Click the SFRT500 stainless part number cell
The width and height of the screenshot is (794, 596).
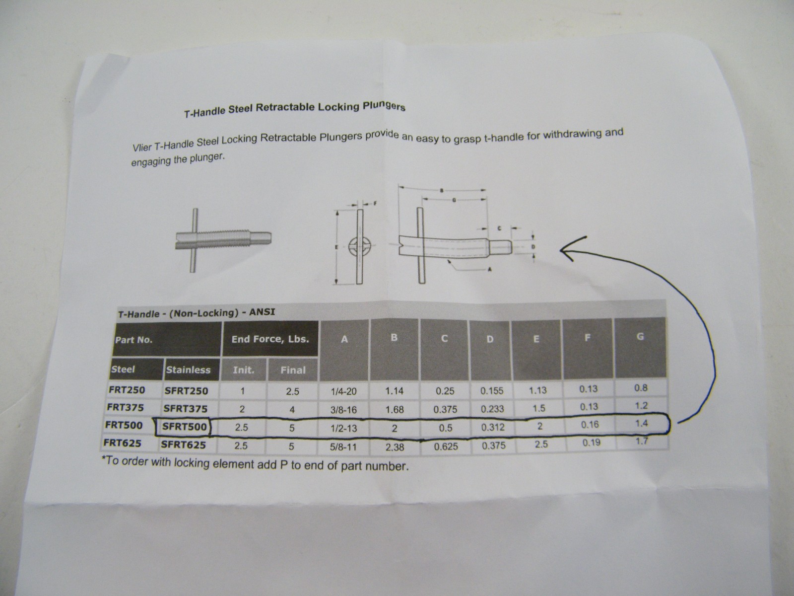(185, 427)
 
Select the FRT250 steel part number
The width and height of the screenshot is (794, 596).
(127, 390)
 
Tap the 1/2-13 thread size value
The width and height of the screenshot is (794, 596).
(343, 429)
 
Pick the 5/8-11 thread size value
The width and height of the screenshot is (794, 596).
(343, 447)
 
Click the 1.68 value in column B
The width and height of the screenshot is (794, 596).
(395, 410)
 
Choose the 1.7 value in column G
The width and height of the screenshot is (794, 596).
(641, 441)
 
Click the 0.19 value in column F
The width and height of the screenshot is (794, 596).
(592, 442)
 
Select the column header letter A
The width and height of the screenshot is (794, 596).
(344, 339)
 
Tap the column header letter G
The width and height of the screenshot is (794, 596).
(640, 337)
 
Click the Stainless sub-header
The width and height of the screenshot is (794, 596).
(188, 370)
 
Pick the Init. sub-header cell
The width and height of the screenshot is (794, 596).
(243, 370)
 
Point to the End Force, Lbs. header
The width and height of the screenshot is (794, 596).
(270, 339)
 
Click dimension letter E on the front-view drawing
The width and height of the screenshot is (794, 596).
(336, 247)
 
